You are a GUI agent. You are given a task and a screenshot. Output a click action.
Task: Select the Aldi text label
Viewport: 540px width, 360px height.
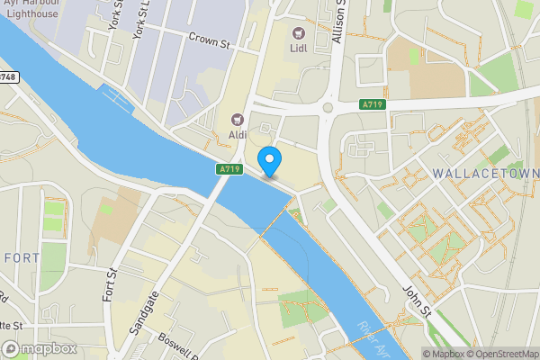(238, 134)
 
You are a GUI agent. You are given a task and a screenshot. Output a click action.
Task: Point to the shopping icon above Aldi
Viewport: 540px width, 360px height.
(238, 119)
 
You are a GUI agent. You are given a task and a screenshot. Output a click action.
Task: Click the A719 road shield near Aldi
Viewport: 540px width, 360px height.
(228, 169)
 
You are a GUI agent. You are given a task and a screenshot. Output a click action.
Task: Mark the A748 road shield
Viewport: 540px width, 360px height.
(7, 77)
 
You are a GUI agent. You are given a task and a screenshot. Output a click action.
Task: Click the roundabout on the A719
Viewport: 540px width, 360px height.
(330, 109)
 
